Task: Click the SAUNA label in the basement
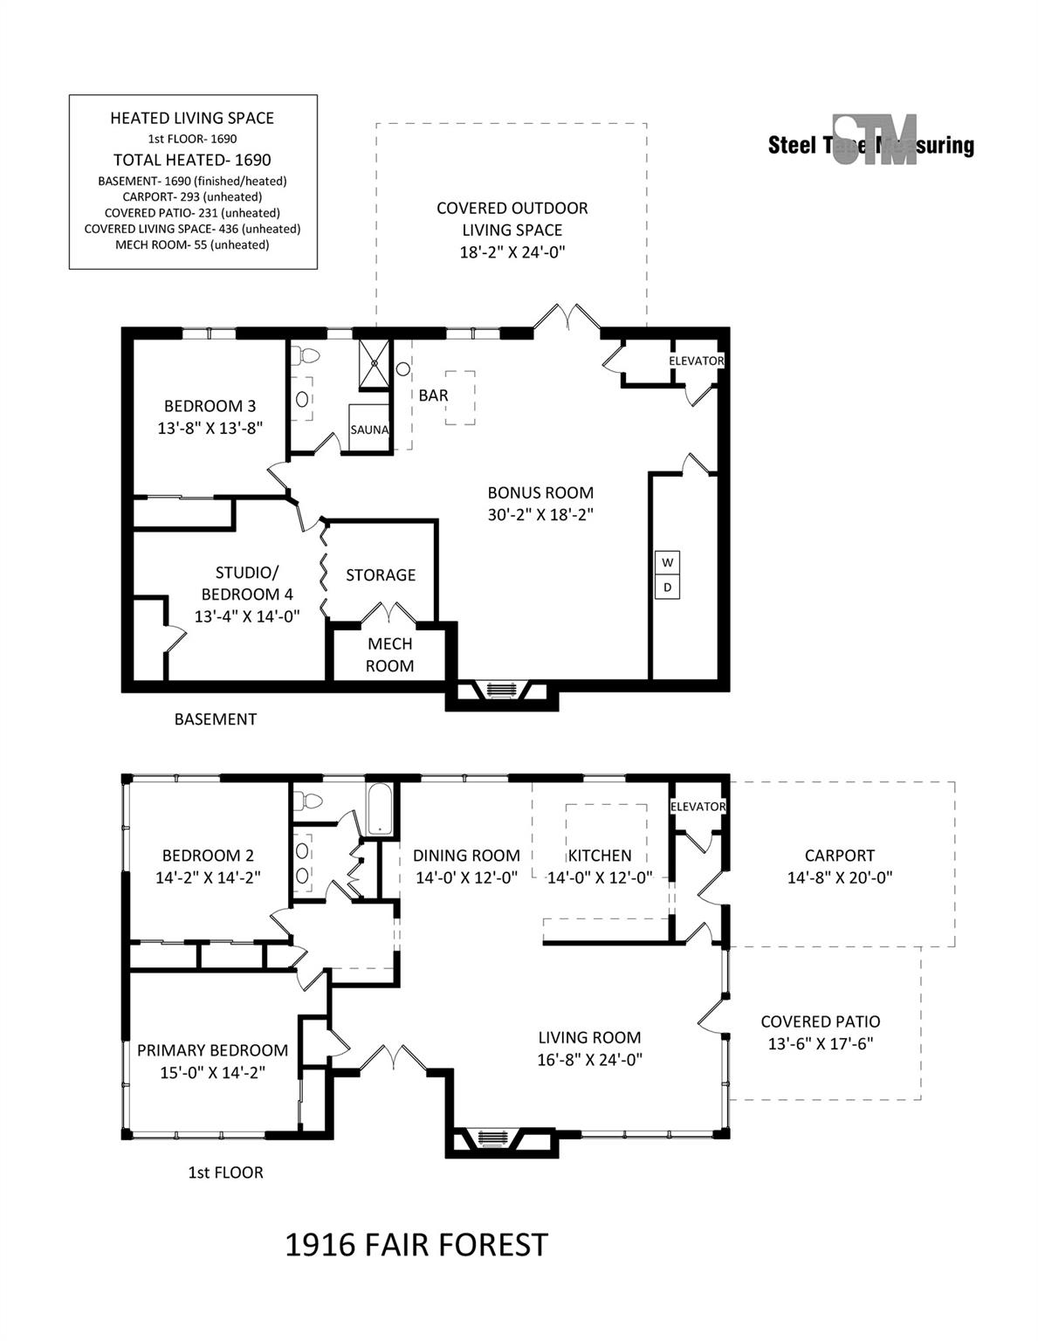(368, 430)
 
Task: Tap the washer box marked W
(667, 562)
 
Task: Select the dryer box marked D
(667, 587)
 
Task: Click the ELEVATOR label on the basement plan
(696, 361)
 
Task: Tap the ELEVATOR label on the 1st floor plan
(698, 807)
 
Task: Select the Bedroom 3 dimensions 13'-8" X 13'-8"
(210, 429)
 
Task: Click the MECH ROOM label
(390, 655)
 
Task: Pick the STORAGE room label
(380, 575)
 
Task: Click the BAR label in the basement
(433, 395)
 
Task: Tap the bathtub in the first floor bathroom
(379, 809)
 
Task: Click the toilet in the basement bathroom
(306, 355)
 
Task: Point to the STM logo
(874, 140)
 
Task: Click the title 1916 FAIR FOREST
(416, 1245)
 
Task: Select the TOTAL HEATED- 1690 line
(193, 161)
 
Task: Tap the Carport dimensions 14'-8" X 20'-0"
(839, 877)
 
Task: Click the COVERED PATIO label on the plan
(820, 1021)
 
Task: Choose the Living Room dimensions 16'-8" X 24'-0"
(589, 1060)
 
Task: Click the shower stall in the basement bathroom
(375, 364)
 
